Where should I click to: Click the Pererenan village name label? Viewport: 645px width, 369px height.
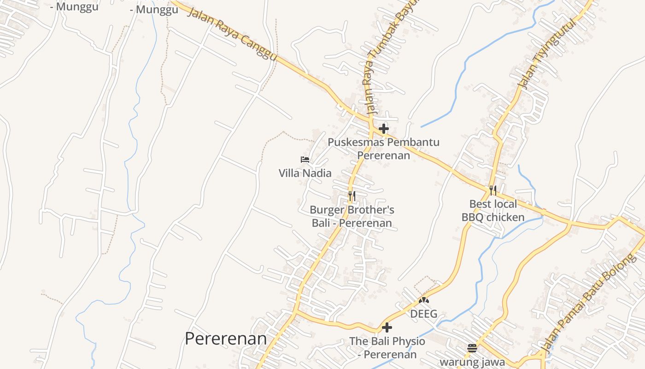click(x=226, y=339)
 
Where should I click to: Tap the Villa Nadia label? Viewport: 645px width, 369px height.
click(x=305, y=173)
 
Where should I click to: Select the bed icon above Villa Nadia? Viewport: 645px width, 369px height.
click(x=305, y=160)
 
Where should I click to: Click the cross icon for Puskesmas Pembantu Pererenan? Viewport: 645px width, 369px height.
click(x=383, y=128)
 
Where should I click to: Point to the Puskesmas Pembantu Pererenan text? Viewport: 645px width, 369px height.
click(x=383, y=148)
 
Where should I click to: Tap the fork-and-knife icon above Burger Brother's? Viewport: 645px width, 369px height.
click(x=352, y=196)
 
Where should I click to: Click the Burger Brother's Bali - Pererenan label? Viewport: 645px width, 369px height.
click(x=352, y=216)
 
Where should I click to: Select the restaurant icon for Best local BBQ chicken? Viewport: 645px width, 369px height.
click(x=493, y=190)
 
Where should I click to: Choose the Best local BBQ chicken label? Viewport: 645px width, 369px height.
click(x=493, y=210)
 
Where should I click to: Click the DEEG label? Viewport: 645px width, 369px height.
click(x=423, y=314)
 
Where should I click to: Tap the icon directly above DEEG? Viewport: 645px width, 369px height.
click(x=423, y=300)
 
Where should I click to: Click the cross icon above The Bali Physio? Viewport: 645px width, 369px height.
click(x=387, y=327)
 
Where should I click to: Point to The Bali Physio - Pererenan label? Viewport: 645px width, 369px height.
click(x=387, y=348)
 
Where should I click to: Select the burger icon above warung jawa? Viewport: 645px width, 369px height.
click(x=472, y=348)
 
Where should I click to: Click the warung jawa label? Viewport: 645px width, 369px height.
click(x=472, y=362)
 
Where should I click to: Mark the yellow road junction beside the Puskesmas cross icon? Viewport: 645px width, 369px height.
click(x=371, y=123)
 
